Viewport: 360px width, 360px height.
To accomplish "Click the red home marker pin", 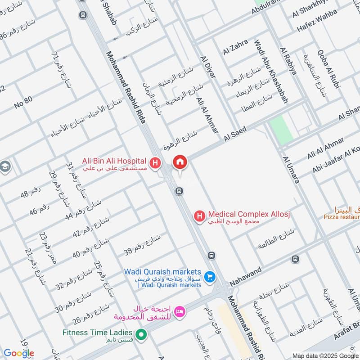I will point(180,162).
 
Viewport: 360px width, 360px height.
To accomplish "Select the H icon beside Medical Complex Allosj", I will point(198,216).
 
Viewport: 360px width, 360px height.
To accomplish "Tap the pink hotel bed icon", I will point(180,311).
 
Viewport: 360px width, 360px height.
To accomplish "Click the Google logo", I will point(18,353).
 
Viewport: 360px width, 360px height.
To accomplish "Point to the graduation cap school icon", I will point(5,166).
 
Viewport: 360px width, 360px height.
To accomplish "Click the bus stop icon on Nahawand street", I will point(295,259).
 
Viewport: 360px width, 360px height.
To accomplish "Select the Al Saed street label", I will point(234,134).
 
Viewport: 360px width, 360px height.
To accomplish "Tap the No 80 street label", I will point(23,103).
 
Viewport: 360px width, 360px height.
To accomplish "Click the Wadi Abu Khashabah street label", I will point(270,72).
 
